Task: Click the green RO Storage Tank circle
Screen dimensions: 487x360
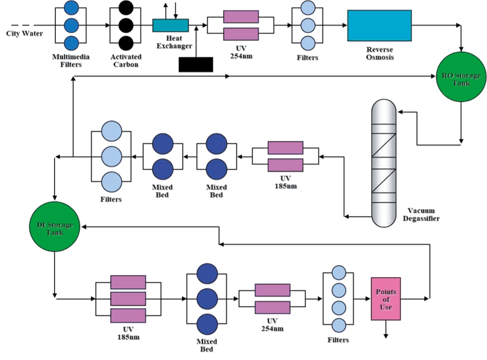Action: click(x=461, y=76)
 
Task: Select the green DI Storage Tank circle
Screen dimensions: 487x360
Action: click(x=55, y=227)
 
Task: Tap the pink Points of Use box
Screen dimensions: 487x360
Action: click(x=386, y=299)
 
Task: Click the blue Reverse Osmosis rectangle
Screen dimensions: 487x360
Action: click(x=379, y=25)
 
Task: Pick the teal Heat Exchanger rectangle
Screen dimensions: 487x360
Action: click(x=171, y=25)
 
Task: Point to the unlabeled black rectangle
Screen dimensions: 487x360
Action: click(x=196, y=65)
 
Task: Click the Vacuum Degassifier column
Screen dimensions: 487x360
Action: click(x=384, y=163)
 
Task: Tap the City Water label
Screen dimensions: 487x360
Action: click(x=25, y=34)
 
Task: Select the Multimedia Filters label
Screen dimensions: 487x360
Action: click(x=71, y=61)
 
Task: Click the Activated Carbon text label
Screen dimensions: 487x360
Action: click(x=126, y=61)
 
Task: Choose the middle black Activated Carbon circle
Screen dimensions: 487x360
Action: click(x=126, y=25)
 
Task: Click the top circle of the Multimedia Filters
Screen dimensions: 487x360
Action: click(x=71, y=7)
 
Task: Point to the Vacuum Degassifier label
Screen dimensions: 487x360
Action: click(x=421, y=214)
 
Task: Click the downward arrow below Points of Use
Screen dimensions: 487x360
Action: click(x=386, y=329)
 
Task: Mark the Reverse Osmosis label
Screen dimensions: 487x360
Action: click(x=380, y=53)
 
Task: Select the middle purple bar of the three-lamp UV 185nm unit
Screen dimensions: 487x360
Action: click(x=128, y=299)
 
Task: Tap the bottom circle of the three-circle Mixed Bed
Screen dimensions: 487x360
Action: click(x=207, y=325)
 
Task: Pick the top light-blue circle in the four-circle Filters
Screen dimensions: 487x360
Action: click(x=338, y=273)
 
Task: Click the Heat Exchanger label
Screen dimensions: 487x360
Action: click(x=174, y=42)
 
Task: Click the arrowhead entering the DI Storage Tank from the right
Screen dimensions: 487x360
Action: click(x=84, y=227)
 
